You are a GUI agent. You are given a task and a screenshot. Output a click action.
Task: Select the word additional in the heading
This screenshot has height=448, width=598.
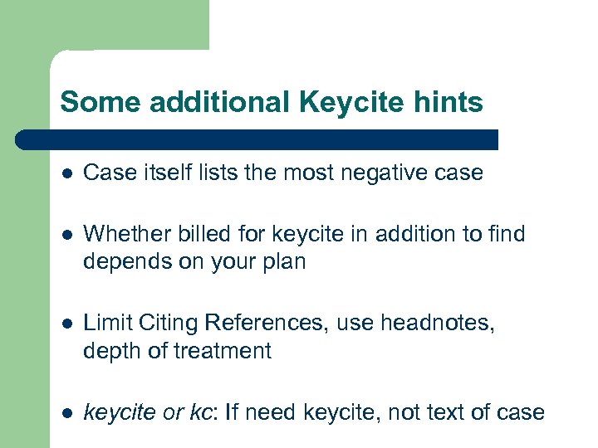[203, 102]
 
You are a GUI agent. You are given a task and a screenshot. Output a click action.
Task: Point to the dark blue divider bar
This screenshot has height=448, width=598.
[257, 139]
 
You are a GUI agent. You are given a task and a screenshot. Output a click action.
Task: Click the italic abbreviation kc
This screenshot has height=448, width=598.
[200, 411]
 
